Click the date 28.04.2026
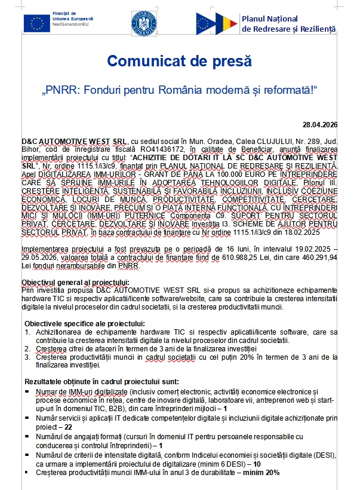click(320, 124)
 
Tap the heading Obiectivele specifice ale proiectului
click(84, 323)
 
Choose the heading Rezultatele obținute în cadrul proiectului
click(97, 381)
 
